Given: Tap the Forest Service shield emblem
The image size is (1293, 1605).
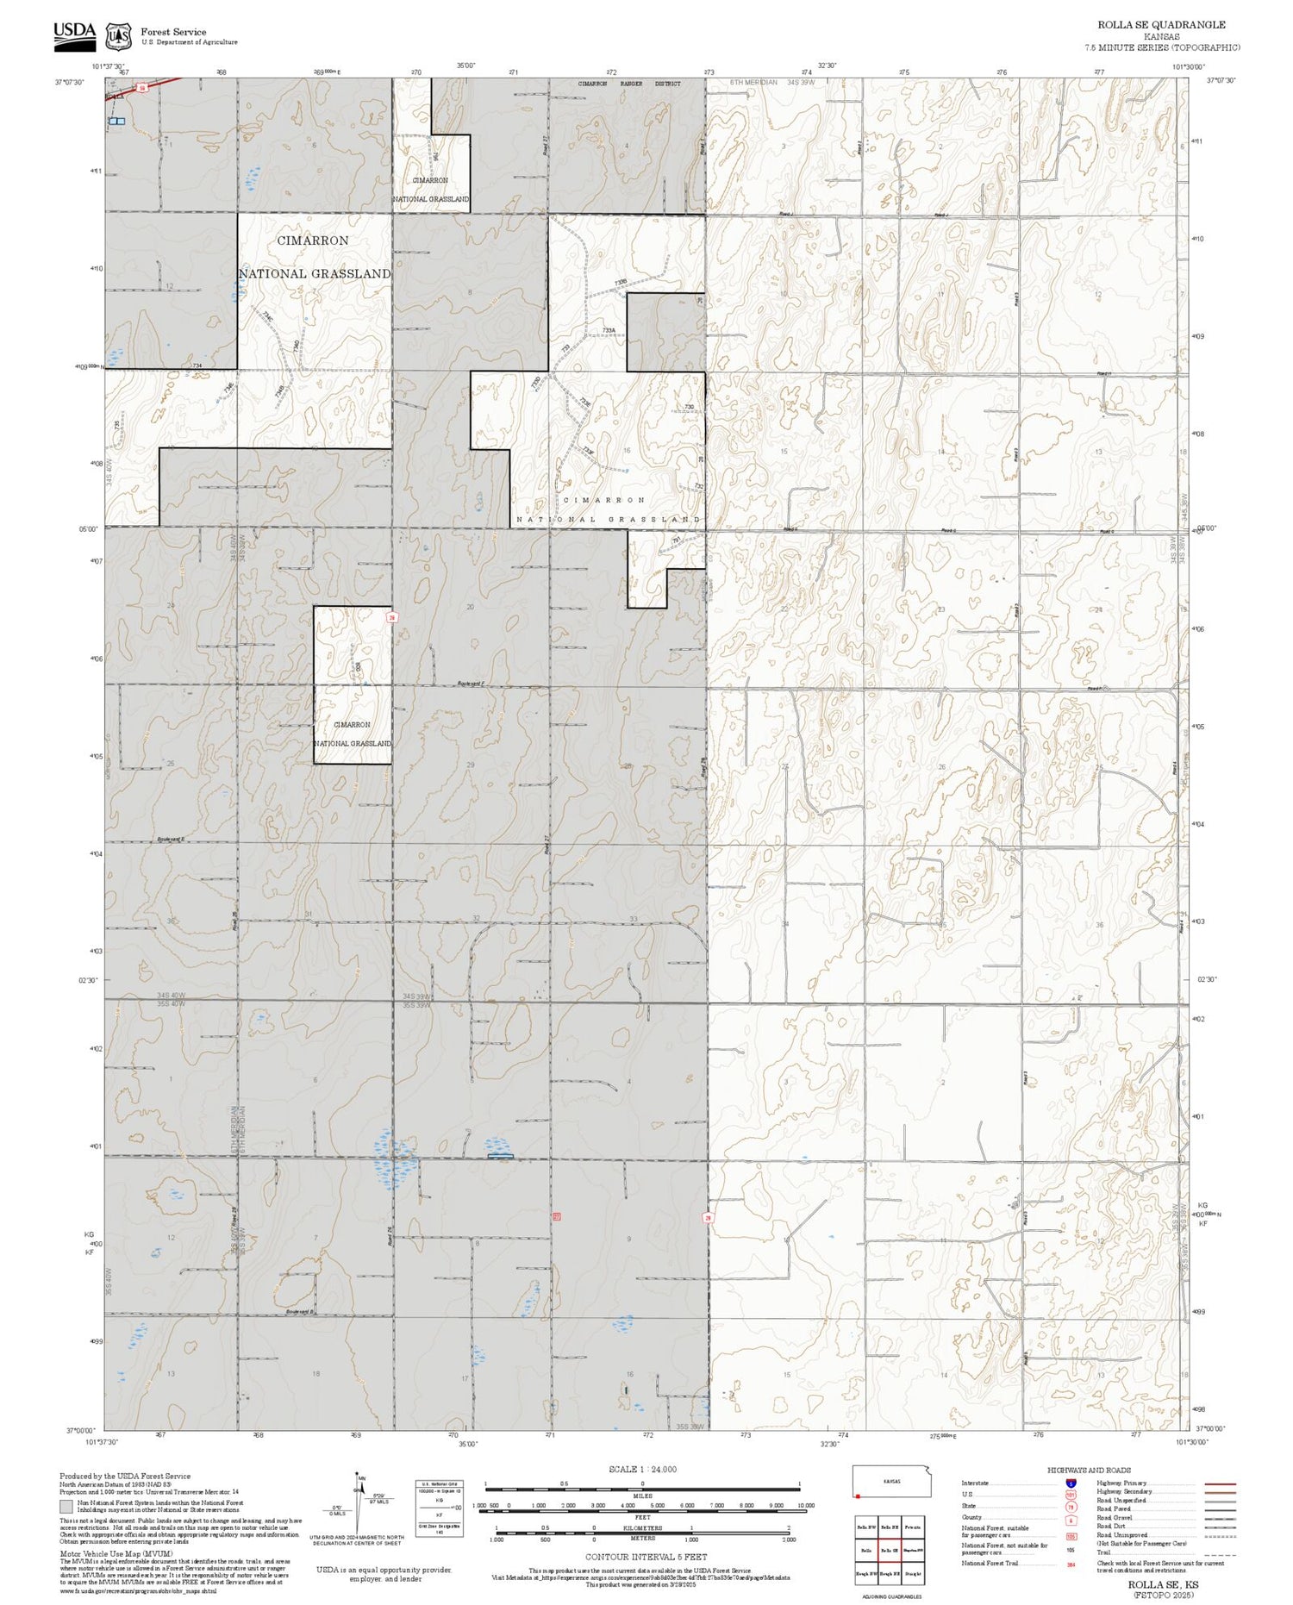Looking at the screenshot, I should point(118,36).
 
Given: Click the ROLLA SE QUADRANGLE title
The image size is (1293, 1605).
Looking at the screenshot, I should point(1161,25).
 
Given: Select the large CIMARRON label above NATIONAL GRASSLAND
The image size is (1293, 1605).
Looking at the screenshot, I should point(313,241).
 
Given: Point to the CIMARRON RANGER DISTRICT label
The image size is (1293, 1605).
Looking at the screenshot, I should point(628,84).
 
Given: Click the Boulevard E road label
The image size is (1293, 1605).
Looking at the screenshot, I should point(171,839).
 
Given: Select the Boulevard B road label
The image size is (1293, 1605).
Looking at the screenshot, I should point(299,1312).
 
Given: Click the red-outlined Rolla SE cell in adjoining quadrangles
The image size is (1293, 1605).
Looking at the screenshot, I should point(890,1550).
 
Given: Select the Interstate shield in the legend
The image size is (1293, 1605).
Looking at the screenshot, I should point(1071,1483).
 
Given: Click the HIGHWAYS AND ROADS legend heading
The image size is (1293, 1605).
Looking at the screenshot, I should point(1089,1470).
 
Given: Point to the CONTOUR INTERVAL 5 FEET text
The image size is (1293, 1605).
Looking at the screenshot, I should point(646,1557).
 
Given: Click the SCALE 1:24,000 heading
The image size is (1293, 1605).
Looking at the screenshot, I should point(642,1469).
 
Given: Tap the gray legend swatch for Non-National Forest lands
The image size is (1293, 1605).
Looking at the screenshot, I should point(66,1506).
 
